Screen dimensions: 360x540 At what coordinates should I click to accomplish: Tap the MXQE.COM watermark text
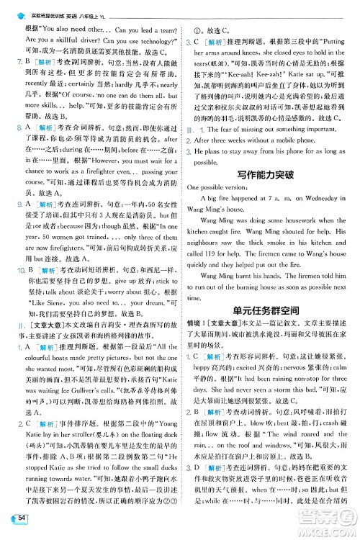coord(327,530)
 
